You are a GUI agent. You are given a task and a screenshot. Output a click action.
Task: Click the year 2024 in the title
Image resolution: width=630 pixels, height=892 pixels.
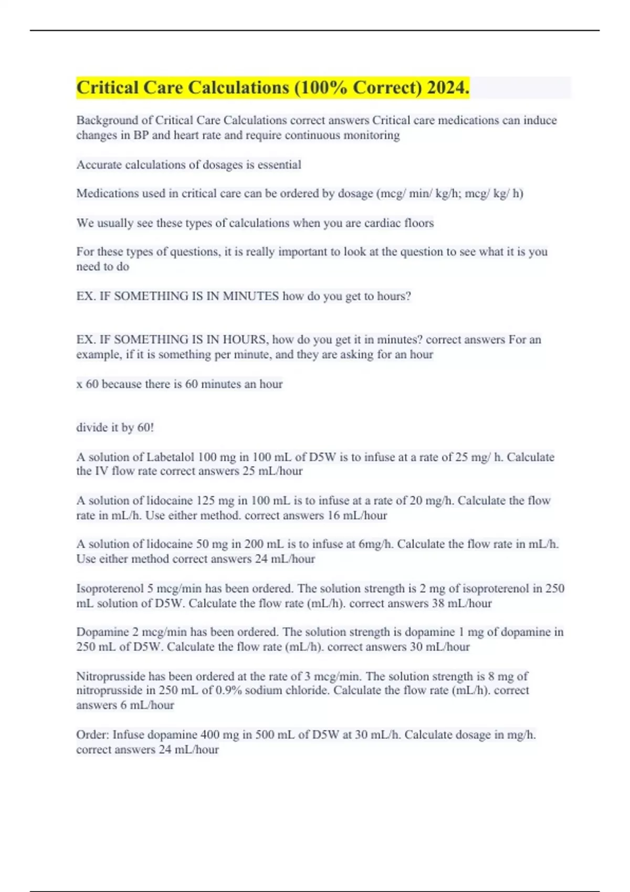[448, 88]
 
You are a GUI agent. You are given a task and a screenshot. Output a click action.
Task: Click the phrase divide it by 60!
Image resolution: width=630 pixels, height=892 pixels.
[115, 428]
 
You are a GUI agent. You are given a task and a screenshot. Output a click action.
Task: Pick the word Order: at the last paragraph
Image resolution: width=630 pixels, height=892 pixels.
[92, 735]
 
